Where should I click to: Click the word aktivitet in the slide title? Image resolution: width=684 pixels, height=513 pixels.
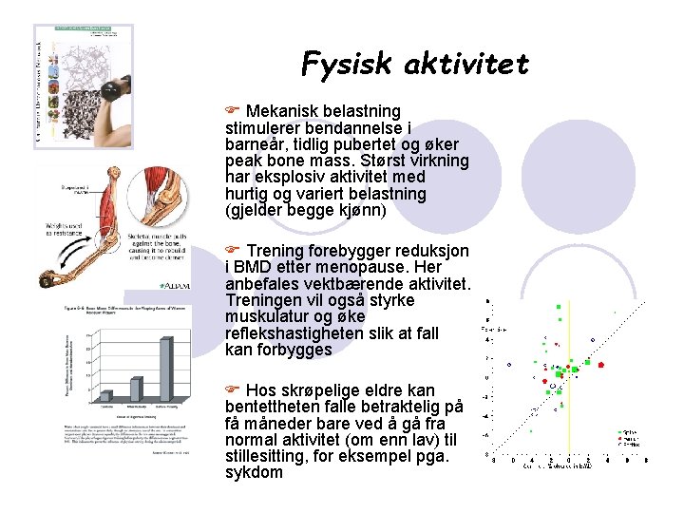tap(465, 64)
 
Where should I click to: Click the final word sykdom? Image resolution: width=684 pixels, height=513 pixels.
tap(254, 472)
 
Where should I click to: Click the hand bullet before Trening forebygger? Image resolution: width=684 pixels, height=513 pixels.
tap(233, 250)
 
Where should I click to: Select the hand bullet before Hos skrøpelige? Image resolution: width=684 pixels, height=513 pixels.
tap(233, 389)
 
